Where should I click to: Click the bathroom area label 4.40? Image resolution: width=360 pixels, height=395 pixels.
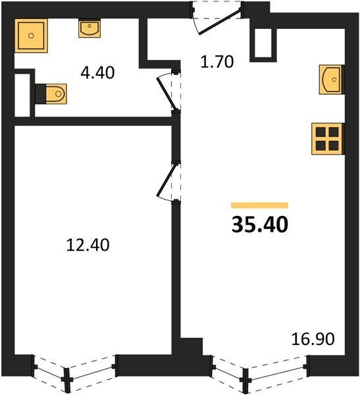pyautogui.click(x=97, y=72)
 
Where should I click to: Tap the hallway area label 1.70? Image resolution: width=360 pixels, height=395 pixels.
pyautogui.click(x=217, y=62)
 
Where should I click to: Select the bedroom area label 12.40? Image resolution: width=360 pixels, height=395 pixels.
pyautogui.click(x=88, y=245)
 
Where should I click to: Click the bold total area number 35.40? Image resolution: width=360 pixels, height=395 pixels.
pyautogui.click(x=260, y=224)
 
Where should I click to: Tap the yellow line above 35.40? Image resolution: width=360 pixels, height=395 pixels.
pyautogui.click(x=260, y=205)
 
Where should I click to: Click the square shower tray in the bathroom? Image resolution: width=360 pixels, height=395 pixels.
pyautogui.click(x=31, y=36)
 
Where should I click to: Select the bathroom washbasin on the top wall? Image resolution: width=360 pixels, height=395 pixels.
pyautogui.click(x=90, y=29)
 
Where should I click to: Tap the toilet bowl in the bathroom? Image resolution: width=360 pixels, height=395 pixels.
pyautogui.click(x=56, y=93)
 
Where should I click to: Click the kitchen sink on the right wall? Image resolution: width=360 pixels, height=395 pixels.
pyautogui.click(x=331, y=80)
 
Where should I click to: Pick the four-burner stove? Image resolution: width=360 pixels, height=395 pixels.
pyautogui.click(x=327, y=139)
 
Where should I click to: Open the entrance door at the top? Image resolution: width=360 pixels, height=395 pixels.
pyautogui.click(x=219, y=22)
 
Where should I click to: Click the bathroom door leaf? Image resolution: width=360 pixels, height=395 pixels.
pyautogui.click(x=165, y=93)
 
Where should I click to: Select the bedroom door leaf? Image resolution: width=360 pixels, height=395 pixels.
pyautogui.click(x=165, y=180)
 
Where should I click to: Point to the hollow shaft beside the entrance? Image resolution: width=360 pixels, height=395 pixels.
pyautogui.click(x=263, y=43)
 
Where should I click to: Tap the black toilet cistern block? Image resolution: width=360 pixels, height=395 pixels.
pyautogui.click(x=41, y=93)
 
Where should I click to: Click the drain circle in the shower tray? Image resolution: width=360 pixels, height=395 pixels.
pyautogui.click(x=31, y=36)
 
